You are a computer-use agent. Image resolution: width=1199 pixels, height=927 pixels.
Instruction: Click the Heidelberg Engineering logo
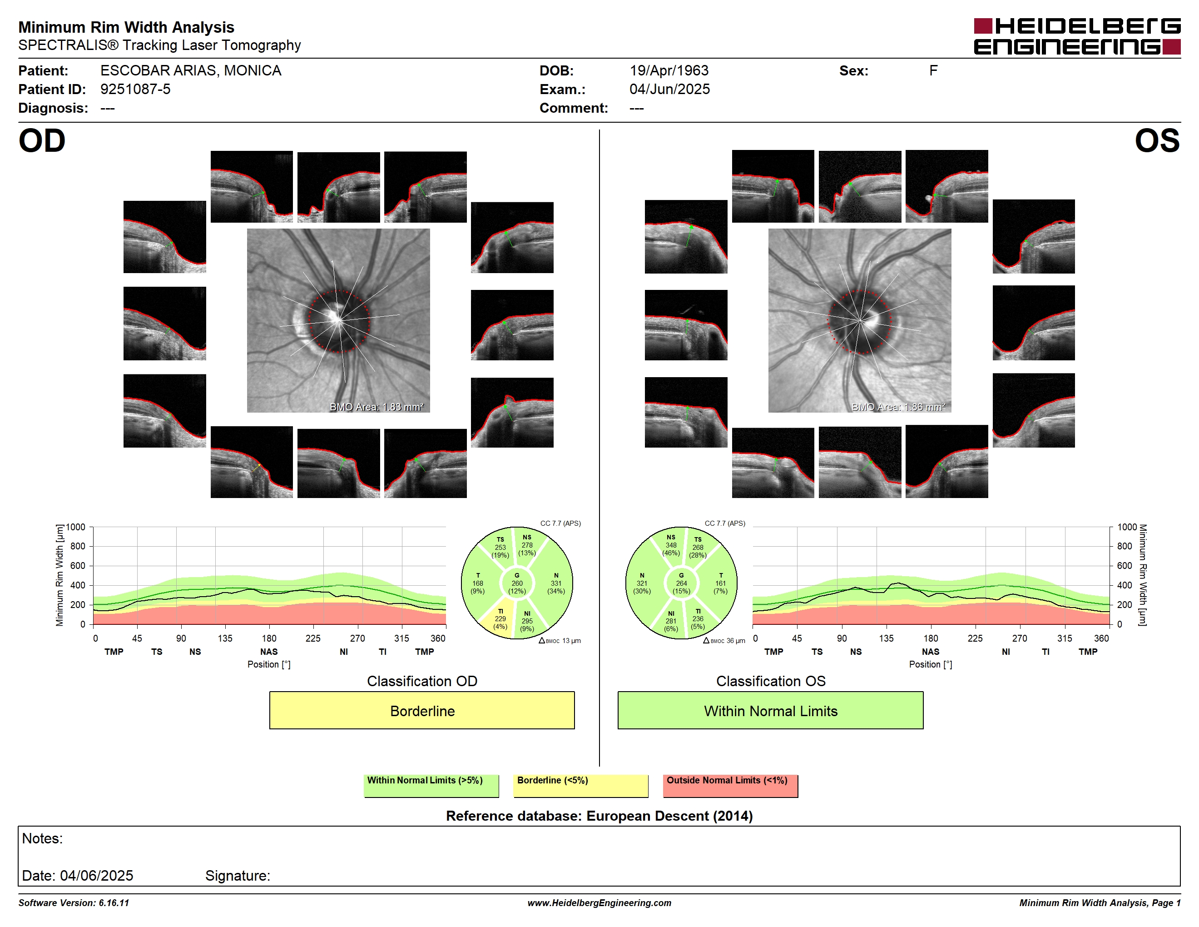1077,36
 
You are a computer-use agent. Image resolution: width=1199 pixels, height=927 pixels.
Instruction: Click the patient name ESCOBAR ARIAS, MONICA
190,71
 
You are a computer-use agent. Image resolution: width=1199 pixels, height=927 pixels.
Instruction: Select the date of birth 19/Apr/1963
669,71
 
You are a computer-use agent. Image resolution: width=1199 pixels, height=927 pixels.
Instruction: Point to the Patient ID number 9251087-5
135,89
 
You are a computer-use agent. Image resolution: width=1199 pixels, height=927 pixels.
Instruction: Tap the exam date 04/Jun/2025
669,89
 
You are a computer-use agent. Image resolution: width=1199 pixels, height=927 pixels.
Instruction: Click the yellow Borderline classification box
421,710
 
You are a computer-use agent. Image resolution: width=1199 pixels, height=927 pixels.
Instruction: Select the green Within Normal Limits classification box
770,710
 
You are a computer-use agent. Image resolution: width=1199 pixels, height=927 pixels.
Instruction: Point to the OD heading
42,141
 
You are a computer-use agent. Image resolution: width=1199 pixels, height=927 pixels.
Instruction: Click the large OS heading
1157,141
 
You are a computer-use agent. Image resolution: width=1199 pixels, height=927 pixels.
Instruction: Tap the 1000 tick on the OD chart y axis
76,527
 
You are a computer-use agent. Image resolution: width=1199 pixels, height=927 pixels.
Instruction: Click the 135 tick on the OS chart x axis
886,638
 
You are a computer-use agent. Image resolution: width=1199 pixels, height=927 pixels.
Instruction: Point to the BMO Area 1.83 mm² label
377,407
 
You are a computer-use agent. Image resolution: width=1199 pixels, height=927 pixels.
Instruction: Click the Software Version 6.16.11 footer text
74,903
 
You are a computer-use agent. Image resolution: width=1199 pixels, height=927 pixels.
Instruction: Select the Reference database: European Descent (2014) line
599,816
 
